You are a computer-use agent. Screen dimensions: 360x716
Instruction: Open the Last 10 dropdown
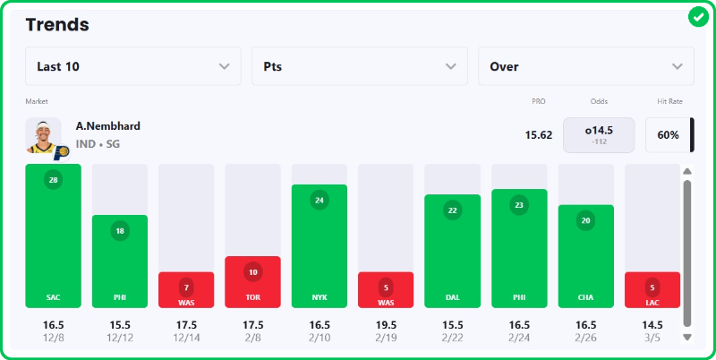point(132,66)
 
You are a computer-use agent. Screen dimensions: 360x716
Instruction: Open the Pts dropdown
point(359,66)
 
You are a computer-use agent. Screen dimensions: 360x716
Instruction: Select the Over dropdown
point(585,66)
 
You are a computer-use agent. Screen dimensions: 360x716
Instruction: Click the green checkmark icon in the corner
point(698,17)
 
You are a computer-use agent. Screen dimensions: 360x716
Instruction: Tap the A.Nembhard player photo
point(43,135)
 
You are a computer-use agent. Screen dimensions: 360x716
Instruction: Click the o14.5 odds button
point(598,135)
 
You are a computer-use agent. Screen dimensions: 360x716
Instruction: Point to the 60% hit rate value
point(668,135)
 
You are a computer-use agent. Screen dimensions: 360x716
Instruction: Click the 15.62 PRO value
point(538,135)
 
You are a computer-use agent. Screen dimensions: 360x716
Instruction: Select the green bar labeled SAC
point(53,236)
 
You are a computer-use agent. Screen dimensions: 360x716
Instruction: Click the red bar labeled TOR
point(252,282)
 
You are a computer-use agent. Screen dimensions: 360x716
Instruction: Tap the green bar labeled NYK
point(320,246)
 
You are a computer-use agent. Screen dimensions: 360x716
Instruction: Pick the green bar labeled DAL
point(452,251)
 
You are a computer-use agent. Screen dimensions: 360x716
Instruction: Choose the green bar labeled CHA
point(586,256)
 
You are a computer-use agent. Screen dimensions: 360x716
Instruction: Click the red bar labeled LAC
point(652,289)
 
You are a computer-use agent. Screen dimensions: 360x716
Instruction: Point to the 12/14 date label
point(186,337)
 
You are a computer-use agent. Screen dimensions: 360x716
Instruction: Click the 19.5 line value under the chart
point(386,323)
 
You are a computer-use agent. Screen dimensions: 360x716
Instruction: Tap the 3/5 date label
point(652,337)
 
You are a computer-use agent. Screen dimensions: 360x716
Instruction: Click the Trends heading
point(57,24)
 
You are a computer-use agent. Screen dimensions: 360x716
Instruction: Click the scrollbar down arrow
point(687,338)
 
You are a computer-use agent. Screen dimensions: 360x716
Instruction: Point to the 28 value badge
point(53,180)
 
